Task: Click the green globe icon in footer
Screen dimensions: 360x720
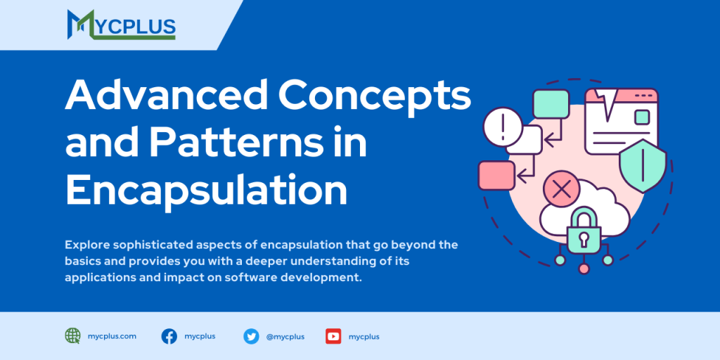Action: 73,336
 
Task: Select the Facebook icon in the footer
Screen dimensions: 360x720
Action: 169,336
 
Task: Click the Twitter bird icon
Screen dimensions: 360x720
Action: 251,336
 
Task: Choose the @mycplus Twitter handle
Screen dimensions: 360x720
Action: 285,336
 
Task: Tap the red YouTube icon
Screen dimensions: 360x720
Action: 333,336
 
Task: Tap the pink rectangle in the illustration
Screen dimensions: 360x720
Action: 496,176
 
